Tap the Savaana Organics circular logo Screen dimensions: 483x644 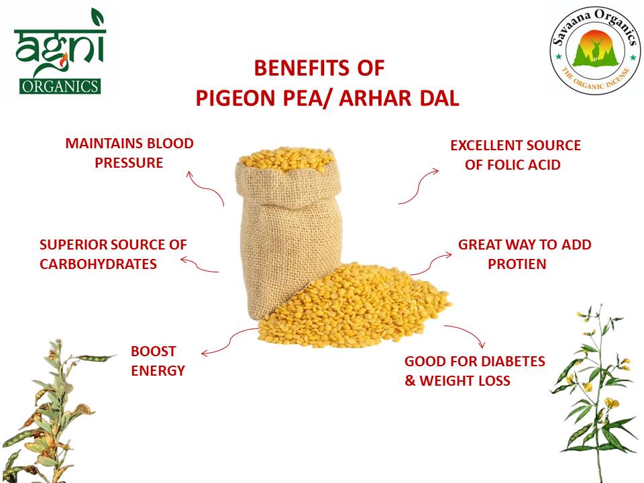tap(592, 52)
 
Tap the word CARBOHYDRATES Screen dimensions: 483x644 tap(98, 264)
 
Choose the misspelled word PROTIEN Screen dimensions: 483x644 tap(517, 264)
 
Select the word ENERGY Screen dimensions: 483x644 tap(158, 370)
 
